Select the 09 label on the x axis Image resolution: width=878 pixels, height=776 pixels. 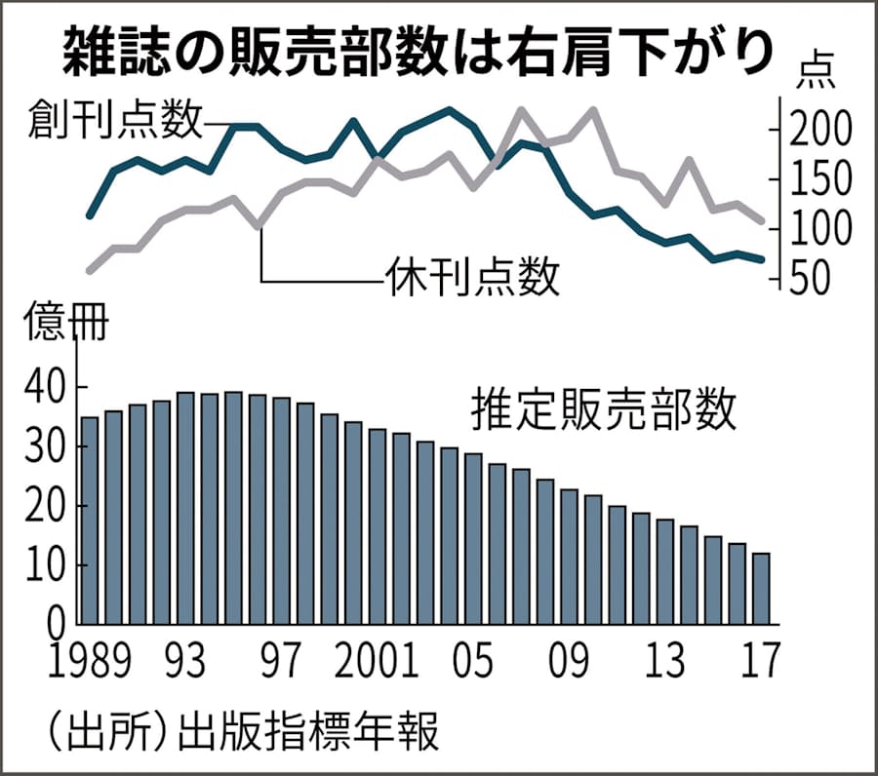coord(570,663)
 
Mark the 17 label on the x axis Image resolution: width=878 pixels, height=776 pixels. coord(759,663)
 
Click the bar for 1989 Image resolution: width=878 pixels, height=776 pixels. coord(90,521)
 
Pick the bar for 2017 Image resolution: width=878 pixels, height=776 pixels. coord(761,588)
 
